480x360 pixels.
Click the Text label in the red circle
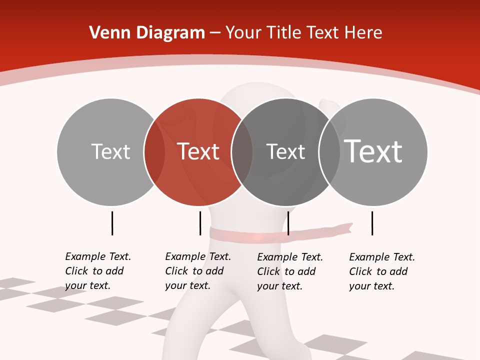[x=198, y=151]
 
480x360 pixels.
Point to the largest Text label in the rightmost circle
[x=373, y=151]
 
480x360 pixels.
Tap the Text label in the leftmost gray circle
[x=111, y=151]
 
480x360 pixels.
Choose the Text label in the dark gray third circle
[x=285, y=151]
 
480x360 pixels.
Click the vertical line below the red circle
[x=200, y=223]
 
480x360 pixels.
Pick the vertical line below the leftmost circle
[x=112, y=223]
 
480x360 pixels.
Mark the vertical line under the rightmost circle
[x=372, y=223]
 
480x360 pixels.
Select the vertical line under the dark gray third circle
[x=288, y=223]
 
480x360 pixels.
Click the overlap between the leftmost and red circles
[x=154, y=151]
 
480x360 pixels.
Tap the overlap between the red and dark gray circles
[x=242, y=151]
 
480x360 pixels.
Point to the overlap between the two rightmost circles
[x=329, y=151]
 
